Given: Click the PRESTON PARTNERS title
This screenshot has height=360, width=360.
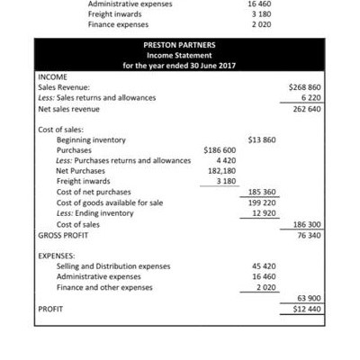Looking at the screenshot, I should (180, 43).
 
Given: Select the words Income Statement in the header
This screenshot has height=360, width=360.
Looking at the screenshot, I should (180, 54).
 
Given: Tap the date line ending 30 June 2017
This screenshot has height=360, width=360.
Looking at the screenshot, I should (180, 66).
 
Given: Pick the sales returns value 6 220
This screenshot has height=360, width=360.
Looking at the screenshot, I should (310, 97).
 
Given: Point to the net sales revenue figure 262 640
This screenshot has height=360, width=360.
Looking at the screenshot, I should (307, 109).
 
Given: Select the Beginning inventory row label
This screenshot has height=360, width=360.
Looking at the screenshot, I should (91, 140).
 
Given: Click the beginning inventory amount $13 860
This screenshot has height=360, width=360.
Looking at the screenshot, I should (261, 140).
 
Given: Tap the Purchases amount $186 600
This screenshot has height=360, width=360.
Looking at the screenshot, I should (220, 150).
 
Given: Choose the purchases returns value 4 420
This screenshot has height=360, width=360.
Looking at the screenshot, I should (225, 160).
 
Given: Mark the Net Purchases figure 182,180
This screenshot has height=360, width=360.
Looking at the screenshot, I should (221, 170).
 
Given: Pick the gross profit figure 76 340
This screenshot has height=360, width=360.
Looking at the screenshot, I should (310, 234).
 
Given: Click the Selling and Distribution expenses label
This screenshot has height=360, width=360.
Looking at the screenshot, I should (112, 266).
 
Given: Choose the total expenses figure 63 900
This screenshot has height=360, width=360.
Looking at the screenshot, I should (310, 298).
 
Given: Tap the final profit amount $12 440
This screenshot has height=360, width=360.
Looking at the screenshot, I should (307, 309).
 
